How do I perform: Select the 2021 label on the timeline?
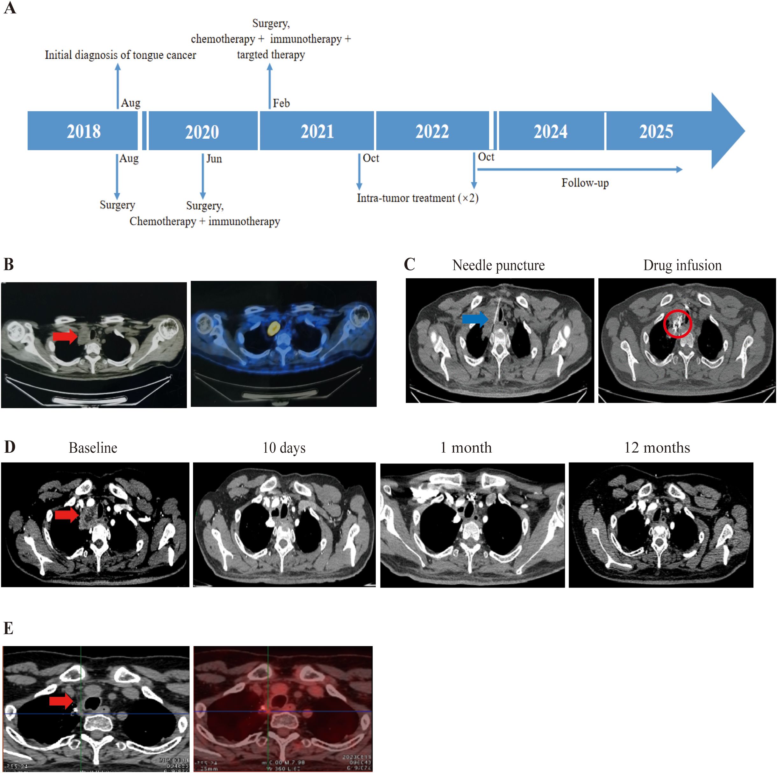tap(317, 131)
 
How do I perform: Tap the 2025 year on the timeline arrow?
tap(656, 131)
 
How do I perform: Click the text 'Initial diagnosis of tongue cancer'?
tap(120, 55)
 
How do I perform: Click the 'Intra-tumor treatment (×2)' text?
tap(417, 198)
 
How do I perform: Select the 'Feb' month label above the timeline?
tap(281, 103)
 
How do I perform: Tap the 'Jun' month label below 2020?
tap(214, 159)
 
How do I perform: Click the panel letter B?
tap(9, 264)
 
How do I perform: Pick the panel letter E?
tap(9, 628)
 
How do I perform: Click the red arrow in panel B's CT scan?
tap(65, 336)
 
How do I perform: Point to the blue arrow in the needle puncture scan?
tap(474, 319)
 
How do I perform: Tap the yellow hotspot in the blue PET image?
tap(273, 328)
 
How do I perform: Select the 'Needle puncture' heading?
tap(498, 265)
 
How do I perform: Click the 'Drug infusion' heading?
tap(682, 265)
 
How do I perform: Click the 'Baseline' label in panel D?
tap(93, 448)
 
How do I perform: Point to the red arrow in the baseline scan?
tap(66, 514)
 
